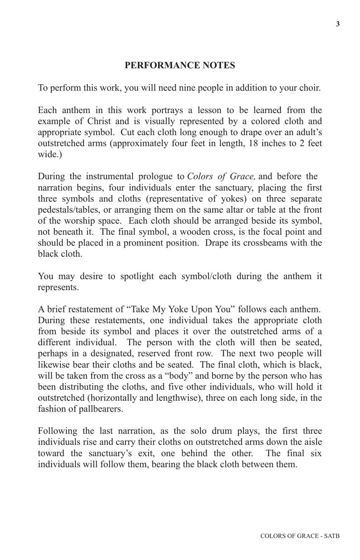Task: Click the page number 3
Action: coord(338,24)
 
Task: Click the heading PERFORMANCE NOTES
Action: coord(180,65)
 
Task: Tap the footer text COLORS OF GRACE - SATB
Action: coord(300,536)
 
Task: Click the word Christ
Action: coord(100,121)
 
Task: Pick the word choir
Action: coord(309,88)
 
